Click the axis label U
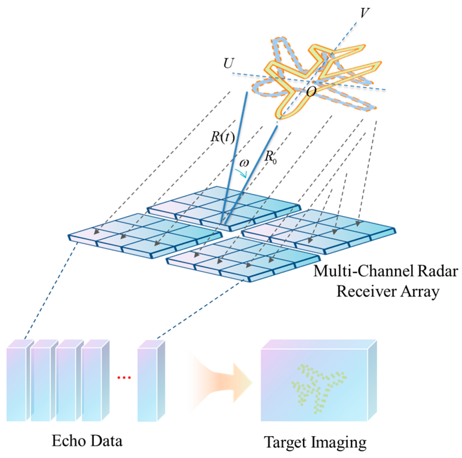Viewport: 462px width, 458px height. tap(229, 63)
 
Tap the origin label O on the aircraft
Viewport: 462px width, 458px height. tap(311, 91)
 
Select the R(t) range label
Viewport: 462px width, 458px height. tap(223, 137)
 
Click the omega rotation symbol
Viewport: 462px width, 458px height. tap(244, 163)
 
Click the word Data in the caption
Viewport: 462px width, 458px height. tap(107, 441)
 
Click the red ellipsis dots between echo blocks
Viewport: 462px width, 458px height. tap(124, 378)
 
